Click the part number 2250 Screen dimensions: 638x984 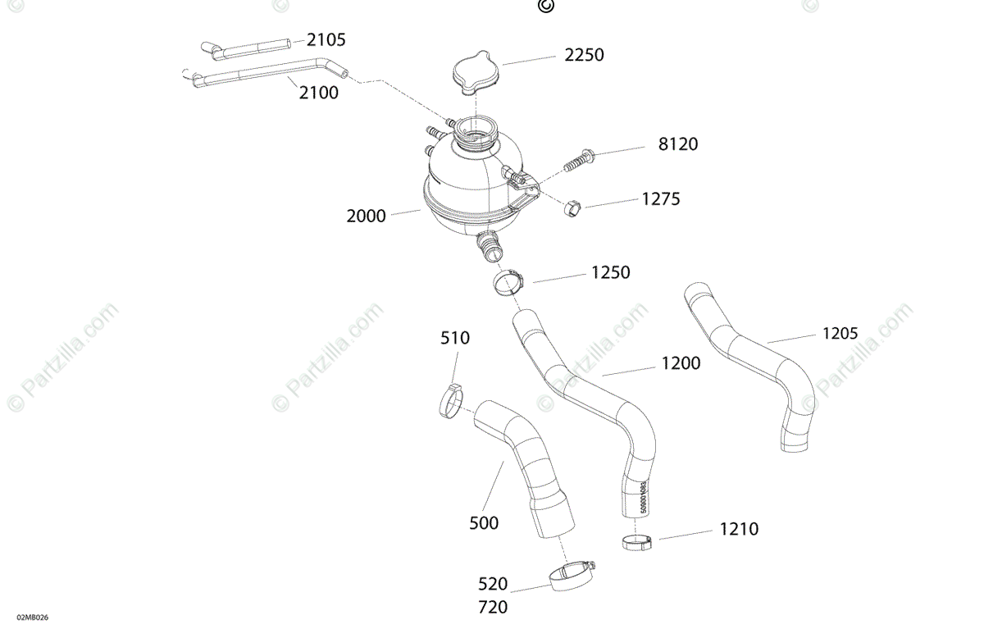(x=584, y=55)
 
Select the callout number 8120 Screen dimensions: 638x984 (x=678, y=144)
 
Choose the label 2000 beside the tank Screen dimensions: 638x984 (x=366, y=216)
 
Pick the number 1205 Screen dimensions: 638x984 (x=840, y=333)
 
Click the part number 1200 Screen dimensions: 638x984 (x=681, y=363)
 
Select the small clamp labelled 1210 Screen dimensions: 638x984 (x=638, y=541)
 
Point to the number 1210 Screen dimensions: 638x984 (x=739, y=530)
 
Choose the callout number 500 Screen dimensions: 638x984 (x=484, y=523)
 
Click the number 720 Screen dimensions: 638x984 (x=492, y=608)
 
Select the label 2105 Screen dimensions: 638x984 (x=326, y=39)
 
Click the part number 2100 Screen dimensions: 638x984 (x=318, y=93)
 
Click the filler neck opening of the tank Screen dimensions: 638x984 (x=474, y=129)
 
